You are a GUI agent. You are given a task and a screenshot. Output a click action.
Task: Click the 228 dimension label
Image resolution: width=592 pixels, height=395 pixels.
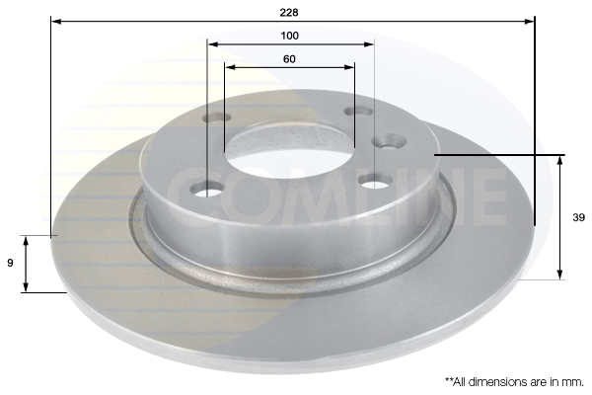coord(289,13)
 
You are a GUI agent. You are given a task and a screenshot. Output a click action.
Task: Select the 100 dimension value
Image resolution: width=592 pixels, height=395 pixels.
coord(289,36)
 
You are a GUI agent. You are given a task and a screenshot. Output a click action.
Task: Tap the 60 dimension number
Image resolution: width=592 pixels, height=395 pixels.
coord(289,59)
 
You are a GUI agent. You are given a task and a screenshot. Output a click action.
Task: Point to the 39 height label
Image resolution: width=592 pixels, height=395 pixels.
coord(578,217)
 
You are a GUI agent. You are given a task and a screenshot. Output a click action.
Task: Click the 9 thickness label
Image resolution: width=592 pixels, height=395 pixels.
coord(10,263)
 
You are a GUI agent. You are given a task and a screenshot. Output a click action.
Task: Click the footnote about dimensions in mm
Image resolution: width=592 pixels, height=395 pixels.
coord(514,382)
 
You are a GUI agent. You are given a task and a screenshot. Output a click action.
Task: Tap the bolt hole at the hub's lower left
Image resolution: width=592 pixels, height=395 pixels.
coord(207,188)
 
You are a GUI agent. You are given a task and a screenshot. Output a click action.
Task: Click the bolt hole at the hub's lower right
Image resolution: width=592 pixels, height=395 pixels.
coord(374,181)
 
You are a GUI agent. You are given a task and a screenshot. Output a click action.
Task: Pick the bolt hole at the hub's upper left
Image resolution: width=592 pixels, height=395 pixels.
coord(217,118)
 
